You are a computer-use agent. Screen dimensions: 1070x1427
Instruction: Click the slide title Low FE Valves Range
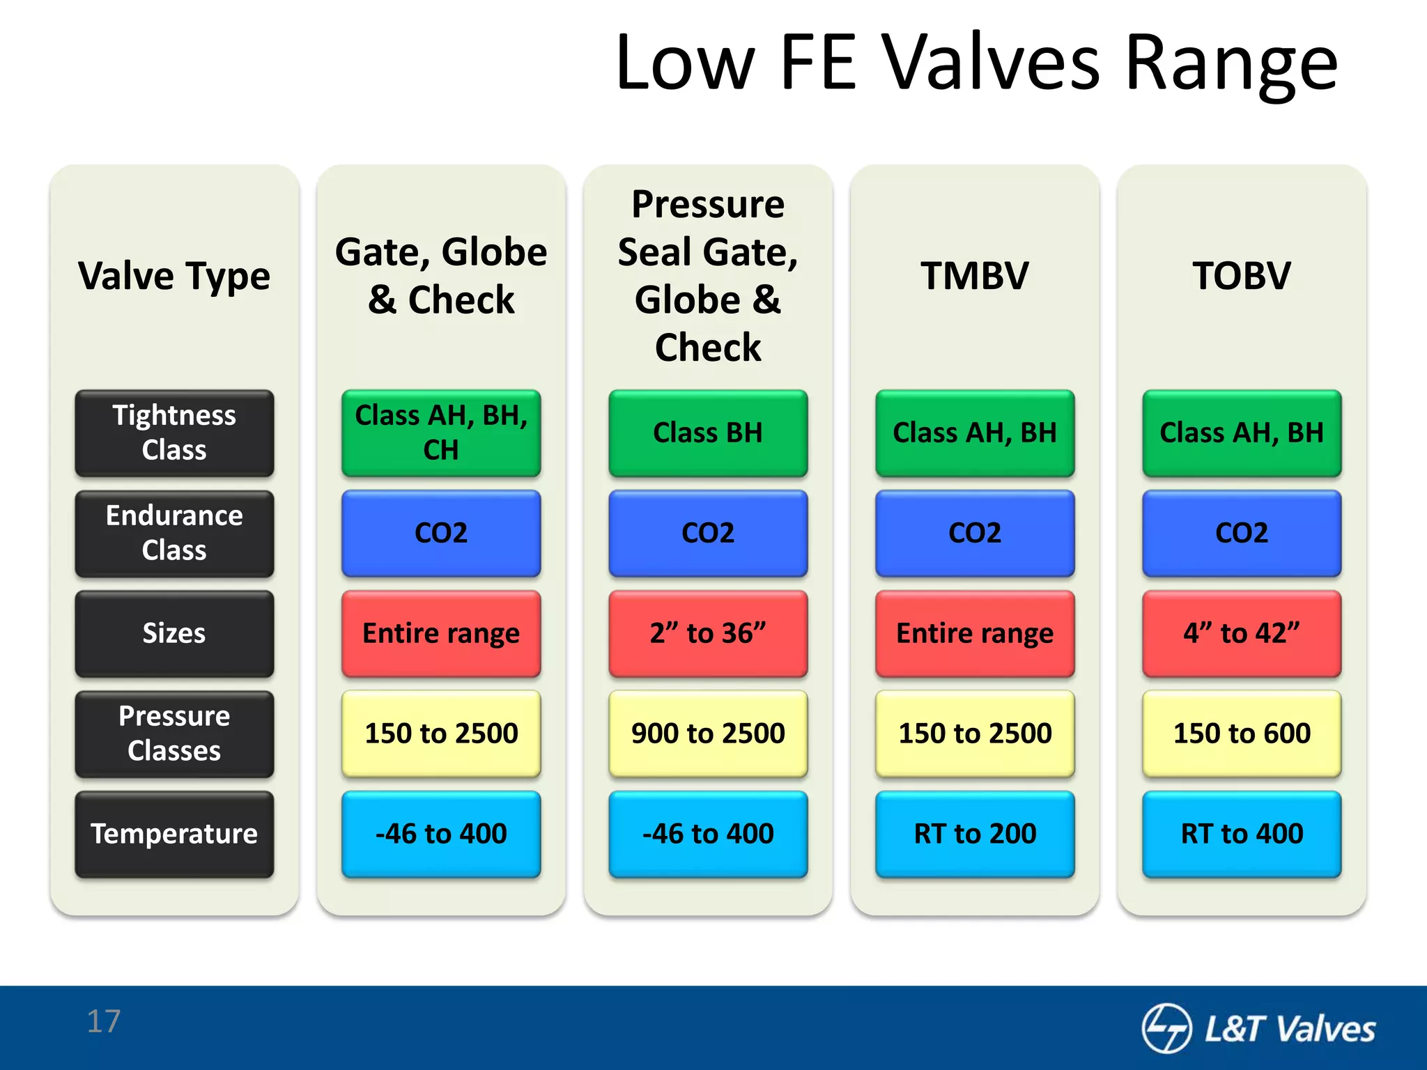(x=975, y=64)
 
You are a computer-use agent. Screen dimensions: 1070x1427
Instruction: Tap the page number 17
(x=104, y=1021)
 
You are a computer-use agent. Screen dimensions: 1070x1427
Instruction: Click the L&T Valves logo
(x=1258, y=1028)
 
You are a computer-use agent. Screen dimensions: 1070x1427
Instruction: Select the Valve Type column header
(x=174, y=276)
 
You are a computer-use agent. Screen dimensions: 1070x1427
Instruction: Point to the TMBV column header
(x=974, y=276)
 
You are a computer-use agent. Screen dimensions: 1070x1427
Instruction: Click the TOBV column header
(x=1241, y=276)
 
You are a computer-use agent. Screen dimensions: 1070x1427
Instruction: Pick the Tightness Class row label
(x=174, y=433)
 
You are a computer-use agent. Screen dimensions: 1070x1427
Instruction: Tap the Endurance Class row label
(x=174, y=533)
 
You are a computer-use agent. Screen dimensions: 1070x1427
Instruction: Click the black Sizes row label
(x=174, y=633)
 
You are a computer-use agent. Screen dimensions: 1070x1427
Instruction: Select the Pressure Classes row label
(x=174, y=734)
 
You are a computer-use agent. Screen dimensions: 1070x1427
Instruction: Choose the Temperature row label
(x=174, y=834)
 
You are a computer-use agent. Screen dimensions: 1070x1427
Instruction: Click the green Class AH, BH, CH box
(x=441, y=433)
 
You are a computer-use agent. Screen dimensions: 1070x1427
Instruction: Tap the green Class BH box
(x=708, y=433)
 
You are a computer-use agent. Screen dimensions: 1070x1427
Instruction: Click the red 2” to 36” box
(x=708, y=633)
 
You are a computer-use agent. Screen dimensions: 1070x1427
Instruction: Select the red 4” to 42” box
(x=1241, y=633)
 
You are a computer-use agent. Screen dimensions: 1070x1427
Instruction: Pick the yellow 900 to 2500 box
(x=708, y=734)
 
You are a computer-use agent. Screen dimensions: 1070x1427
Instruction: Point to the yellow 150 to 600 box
(x=1241, y=734)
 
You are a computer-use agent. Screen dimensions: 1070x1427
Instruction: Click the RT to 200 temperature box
(x=974, y=834)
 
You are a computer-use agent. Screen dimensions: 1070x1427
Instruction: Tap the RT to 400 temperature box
(x=1241, y=834)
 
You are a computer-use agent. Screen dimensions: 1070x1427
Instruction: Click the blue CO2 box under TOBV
(x=1241, y=533)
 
